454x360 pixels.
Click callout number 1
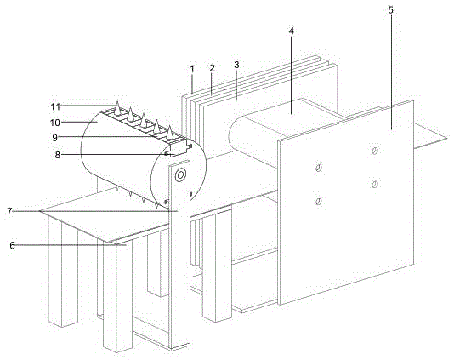click(x=192, y=69)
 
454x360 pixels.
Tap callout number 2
click(x=212, y=68)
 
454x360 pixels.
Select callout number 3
click(x=236, y=65)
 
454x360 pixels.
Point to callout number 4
click(x=292, y=31)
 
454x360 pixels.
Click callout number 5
click(x=391, y=10)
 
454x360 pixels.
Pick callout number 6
click(x=12, y=245)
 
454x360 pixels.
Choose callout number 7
click(x=9, y=211)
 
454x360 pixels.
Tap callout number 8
click(x=58, y=155)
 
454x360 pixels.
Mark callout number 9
click(x=54, y=138)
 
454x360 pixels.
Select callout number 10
click(x=55, y=123)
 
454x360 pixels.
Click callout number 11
click(x=55, y=106)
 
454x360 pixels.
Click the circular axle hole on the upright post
click(x=180, y=175)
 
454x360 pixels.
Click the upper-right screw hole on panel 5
click(x=375, y=151)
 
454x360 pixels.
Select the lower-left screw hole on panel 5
click(x=319, y=201)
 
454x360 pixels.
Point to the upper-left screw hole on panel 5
click(x=319, y=168)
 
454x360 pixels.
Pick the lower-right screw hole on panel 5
click(x=375, y=184)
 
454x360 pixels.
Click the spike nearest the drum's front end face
click(x=169, y=132)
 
